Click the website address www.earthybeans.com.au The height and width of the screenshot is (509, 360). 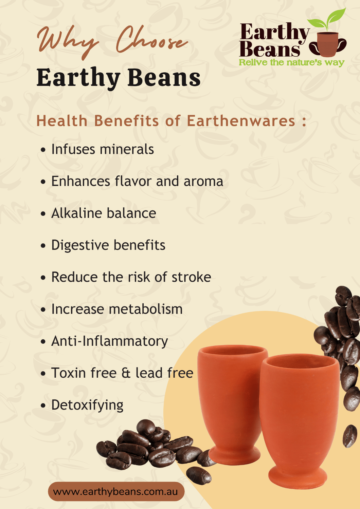115,492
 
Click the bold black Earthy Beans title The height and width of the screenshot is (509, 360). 119,77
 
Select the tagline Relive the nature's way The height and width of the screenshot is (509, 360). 292,62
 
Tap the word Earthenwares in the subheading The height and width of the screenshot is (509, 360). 241,121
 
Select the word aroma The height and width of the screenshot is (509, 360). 203,182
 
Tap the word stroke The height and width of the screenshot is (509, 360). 191,277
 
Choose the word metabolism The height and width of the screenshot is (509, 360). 146,309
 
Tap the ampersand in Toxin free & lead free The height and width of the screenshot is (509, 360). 126,373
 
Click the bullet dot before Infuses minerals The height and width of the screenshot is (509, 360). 43,150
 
